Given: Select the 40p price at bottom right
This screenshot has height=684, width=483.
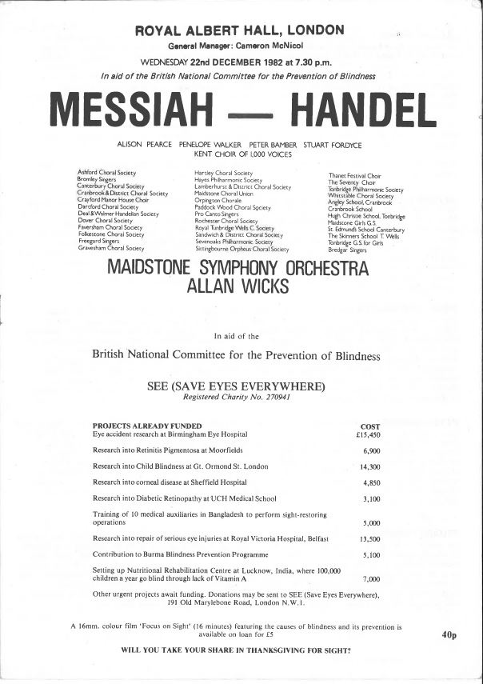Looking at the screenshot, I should [448, 635].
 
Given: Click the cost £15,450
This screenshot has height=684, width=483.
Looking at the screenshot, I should [369, 436].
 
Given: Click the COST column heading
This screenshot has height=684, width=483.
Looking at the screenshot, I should [371, 426].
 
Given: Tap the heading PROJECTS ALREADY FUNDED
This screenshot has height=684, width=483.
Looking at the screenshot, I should [147, 426].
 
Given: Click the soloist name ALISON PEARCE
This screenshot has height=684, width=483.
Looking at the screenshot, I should [145, 145].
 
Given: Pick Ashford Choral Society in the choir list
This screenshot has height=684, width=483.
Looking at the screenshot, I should [106, 173].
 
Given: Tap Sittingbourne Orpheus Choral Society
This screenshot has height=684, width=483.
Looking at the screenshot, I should [241, 250].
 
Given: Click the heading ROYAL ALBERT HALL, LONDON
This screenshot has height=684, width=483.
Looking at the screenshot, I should [241, 30].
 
